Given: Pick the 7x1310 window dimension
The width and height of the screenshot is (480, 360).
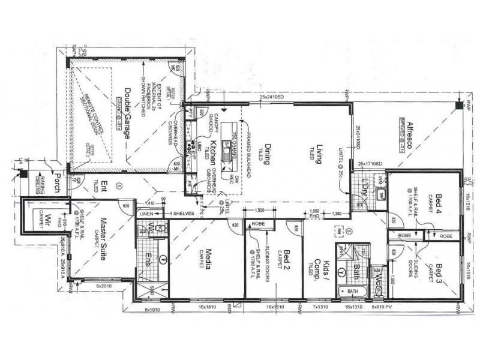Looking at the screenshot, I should click(319, 307).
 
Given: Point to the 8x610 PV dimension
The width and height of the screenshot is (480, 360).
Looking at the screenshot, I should click(384, 307).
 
